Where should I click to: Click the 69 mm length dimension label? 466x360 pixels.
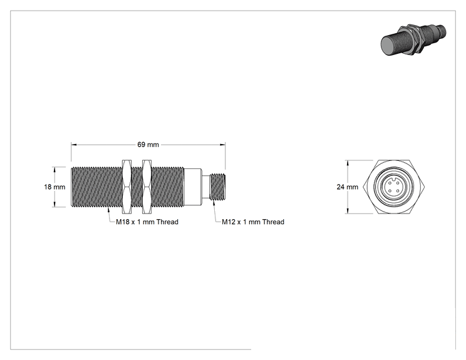click(x=148, y=145)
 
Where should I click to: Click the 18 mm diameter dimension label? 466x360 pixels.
click(x=54, y=187)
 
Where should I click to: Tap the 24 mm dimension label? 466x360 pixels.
click(x=348, y=187)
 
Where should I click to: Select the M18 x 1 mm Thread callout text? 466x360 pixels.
click(x=147, y=222)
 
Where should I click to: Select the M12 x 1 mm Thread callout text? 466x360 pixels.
click(x=253, y=222)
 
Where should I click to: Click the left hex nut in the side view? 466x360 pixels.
click(x=127, y=187)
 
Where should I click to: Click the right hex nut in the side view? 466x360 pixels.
click(x=147, y=187)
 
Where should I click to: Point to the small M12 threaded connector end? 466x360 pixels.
click(x=217, y=187)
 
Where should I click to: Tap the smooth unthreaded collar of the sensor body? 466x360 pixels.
click(x=193, y=187)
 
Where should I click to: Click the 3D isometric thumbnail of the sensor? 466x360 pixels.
click(x=413, y=40)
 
